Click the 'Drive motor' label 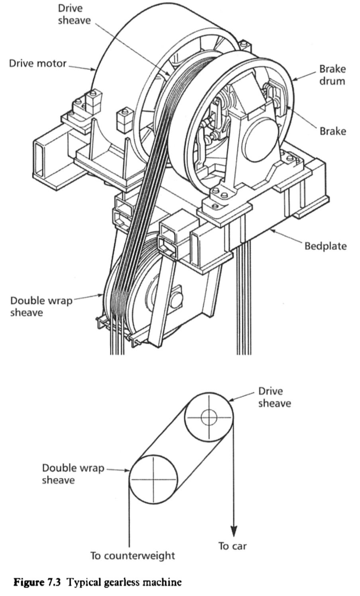pyautogui.click(x=37, y=63)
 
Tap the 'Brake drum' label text pyautogui.click(x=332, y=75)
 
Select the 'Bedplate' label pyautogui.click(x=326, y=246)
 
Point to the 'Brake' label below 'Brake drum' pyautogui.click(x=332, y=131)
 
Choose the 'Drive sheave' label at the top pyautogui.click(x=74, y=14)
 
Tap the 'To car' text pyautogui.click(x=232, y=546)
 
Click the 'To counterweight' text pyautogui.click(x=132, y=555)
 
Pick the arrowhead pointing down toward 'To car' pyautogui.click(x=234, y=531)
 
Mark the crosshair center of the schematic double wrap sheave pyautogui.click(x=153, y=479)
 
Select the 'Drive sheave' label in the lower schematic pyautogui.click(x=274, y=397)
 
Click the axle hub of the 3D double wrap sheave pyautogui.click(x=176, y=297)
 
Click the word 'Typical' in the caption pyautogui.click(x=82, y=582)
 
